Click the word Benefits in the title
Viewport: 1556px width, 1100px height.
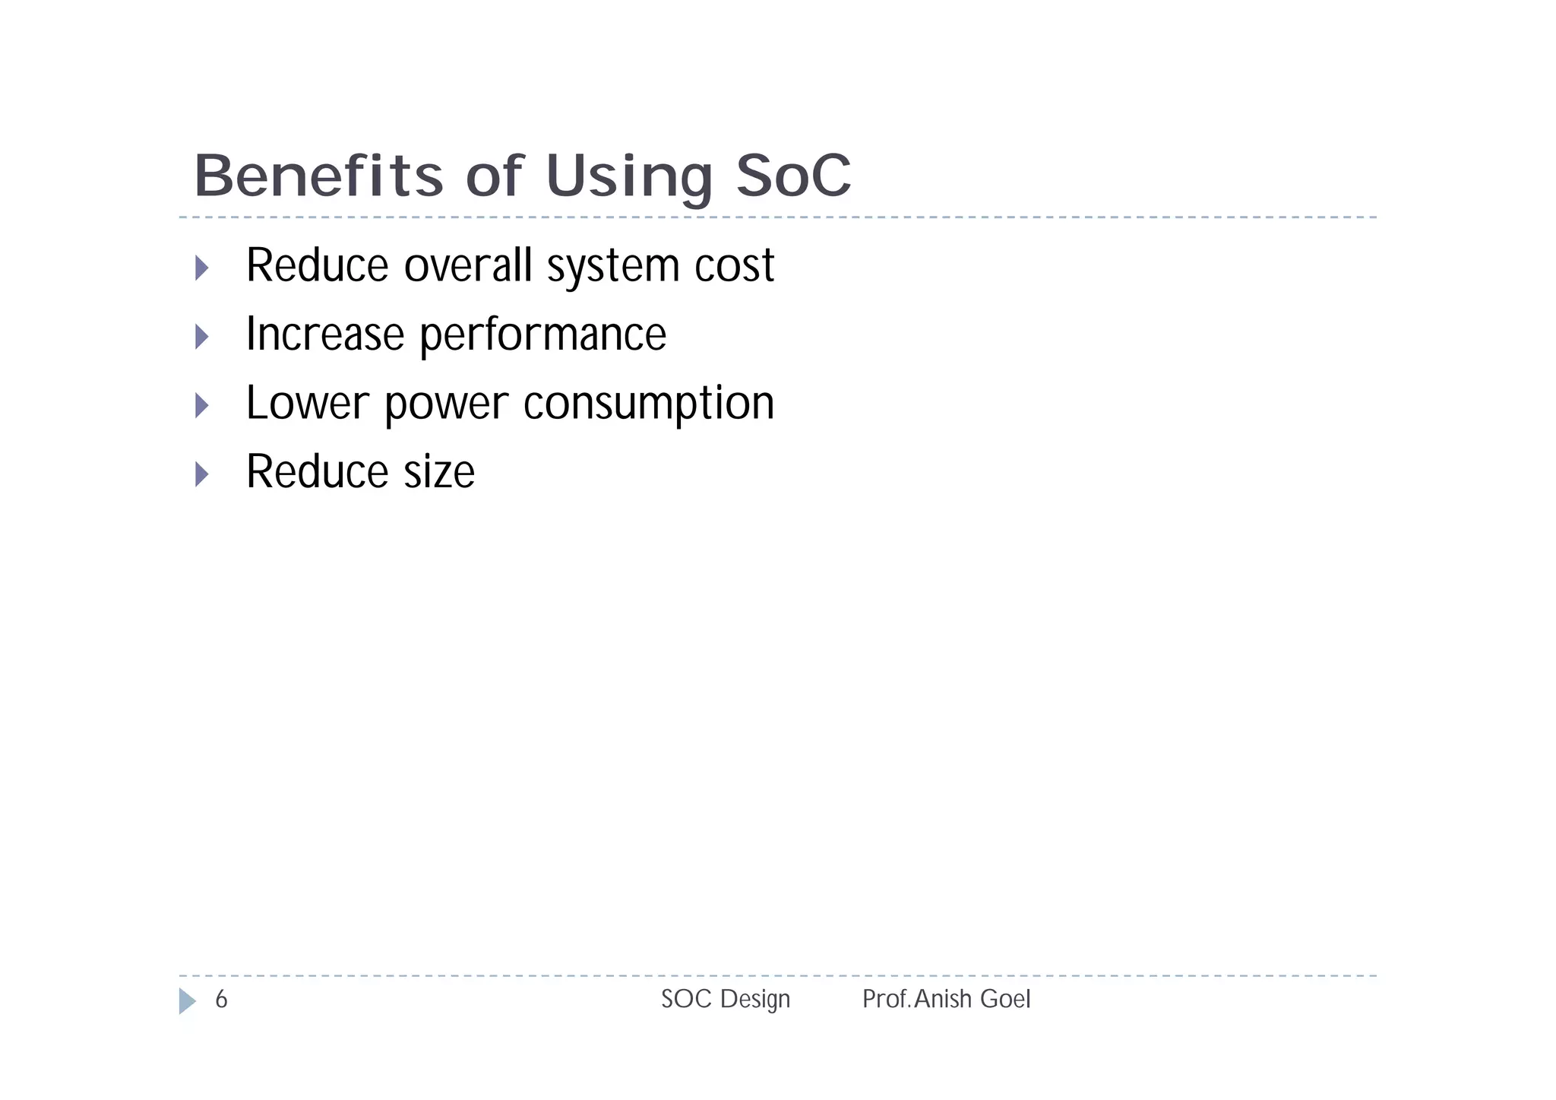[x=318, y=176]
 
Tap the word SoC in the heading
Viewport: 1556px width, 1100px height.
[x=793, y=176]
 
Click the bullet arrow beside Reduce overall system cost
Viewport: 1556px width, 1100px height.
[x=201, y=268]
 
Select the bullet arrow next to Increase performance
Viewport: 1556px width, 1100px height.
[x=201, y=336]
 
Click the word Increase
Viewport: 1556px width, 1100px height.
[x=324, y=334]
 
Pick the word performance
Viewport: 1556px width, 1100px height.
[x=542, y=335]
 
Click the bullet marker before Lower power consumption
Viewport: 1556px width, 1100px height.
[x=201, y=405]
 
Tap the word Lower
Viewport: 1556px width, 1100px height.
[x=307, y=403]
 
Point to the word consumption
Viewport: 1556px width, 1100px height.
[x=648, y=404]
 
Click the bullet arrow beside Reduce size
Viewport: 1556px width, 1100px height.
[x=201, y=474]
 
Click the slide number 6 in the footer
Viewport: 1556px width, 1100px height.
[x=221, y=999]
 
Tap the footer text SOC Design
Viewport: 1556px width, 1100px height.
[x=725, y=999]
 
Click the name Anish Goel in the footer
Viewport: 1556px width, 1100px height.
[x=972, y=999]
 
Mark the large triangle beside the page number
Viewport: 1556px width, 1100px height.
[x=186, y=1000]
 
